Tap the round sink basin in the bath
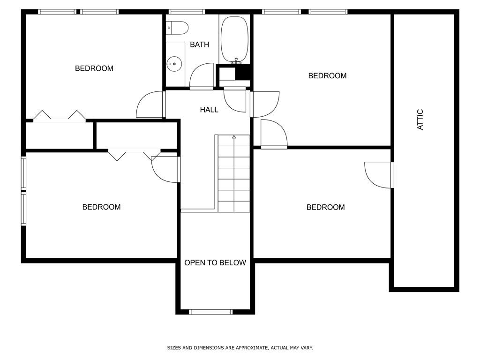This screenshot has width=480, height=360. point(174,62)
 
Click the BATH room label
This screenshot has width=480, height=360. point(199,45)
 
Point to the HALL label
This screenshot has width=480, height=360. point(209,110)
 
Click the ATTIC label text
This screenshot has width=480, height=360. point(420,120)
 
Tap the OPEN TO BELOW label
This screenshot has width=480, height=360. point(215,263)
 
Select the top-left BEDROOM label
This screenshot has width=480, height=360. point(94,68)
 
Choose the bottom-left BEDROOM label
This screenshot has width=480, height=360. point(101,207)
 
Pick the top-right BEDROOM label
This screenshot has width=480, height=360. point(327,76)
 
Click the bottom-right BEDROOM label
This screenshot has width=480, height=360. point(325,208)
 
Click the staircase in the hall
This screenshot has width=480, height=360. point(234,173)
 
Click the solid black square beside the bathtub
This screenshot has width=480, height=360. point(243,73)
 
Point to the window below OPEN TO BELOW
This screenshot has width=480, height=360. point(210,312)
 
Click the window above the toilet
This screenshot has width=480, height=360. point(187,12)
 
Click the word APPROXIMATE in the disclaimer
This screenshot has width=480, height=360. point(252,348)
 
